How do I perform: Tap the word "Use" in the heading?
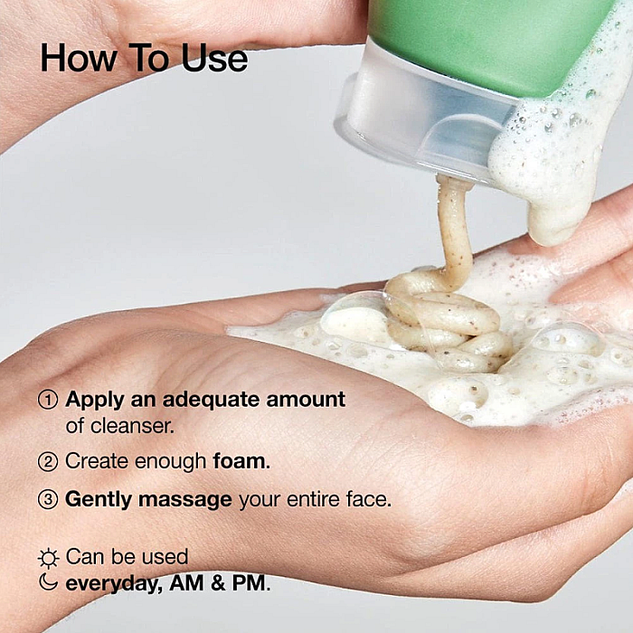(214, 58)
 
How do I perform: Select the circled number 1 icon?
(48, 400)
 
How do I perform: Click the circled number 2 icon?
(48, 461)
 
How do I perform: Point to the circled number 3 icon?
(48, 499)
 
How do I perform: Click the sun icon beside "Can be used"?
(49, 558)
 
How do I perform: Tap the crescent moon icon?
(49, 582)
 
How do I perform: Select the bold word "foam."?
(241, 461)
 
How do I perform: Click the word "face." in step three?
(369, 499)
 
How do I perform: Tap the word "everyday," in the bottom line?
(114, 584)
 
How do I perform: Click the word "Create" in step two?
(97, 461)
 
